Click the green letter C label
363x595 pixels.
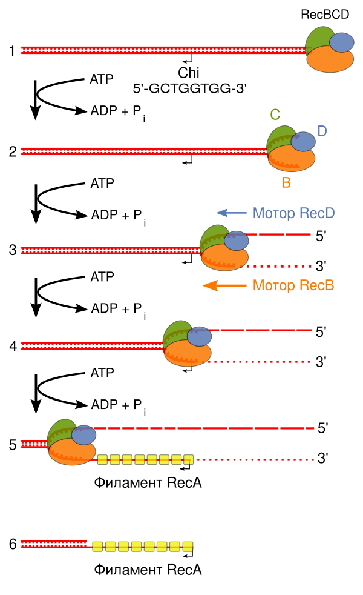(x=275, y=115)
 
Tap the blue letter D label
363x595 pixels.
(x=322, y=131)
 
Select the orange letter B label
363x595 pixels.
(x=286, y=182)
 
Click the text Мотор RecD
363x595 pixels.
(x=293, y=213)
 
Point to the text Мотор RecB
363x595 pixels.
(x=293, y=285)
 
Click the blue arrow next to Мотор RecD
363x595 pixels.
(x=231, y=213)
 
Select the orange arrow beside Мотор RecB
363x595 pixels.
(x=224, y=285)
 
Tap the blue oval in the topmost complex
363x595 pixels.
(x=341, y=42)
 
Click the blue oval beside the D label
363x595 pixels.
(x=303, y=142)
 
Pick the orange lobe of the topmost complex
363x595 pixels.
(x=330, y=60)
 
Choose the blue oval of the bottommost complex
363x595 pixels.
(x=83, y=435)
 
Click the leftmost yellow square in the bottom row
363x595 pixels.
(x=97, y=547)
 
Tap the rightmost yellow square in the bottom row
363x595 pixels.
(x=188, y=547)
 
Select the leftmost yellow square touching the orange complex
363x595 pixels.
(x=102, y=460)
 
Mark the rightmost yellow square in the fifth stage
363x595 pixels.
(x=188, y=460)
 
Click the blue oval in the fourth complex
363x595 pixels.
(x=199, y=336)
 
